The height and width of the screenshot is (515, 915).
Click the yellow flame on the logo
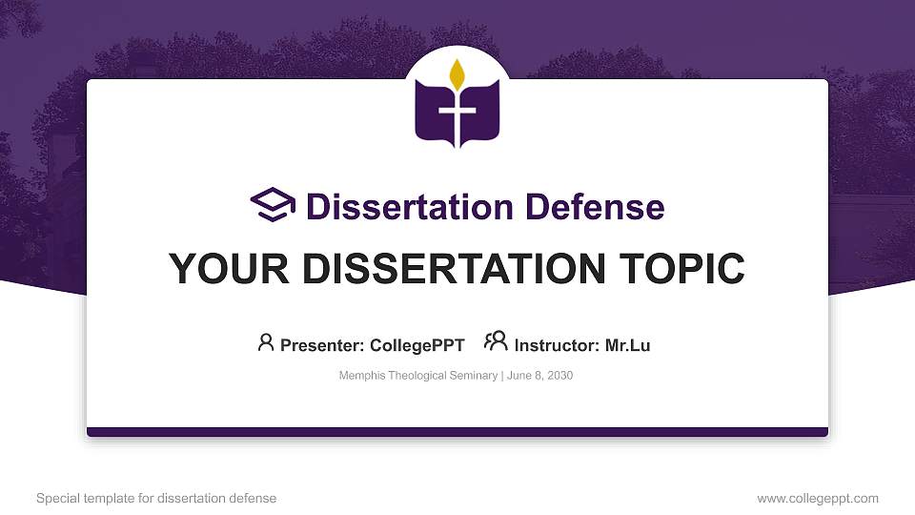coord(457,73)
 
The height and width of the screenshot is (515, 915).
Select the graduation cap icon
coord(274,205)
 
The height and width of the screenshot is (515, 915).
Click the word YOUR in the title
coord(219,269)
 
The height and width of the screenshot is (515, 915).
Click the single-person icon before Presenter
coord(266,342)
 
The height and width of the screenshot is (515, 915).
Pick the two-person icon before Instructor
coord(496,341)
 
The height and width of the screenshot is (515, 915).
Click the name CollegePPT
coord(417,345)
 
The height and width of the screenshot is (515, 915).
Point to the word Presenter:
coord(319,345)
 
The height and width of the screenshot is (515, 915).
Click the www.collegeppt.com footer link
coord(818,498)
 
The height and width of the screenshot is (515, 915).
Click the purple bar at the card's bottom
coord(457,432)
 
